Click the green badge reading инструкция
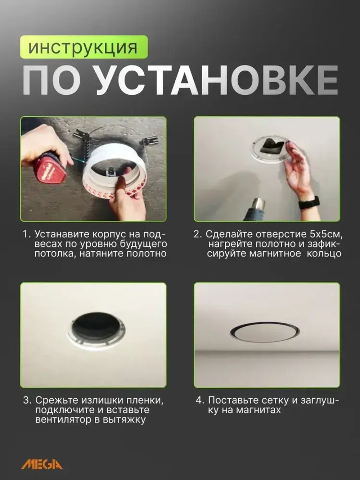[84, 47]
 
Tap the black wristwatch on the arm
[309, 202]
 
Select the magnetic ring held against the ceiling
[269, 149]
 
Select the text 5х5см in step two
[325, 234]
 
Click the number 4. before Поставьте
[200, 400]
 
